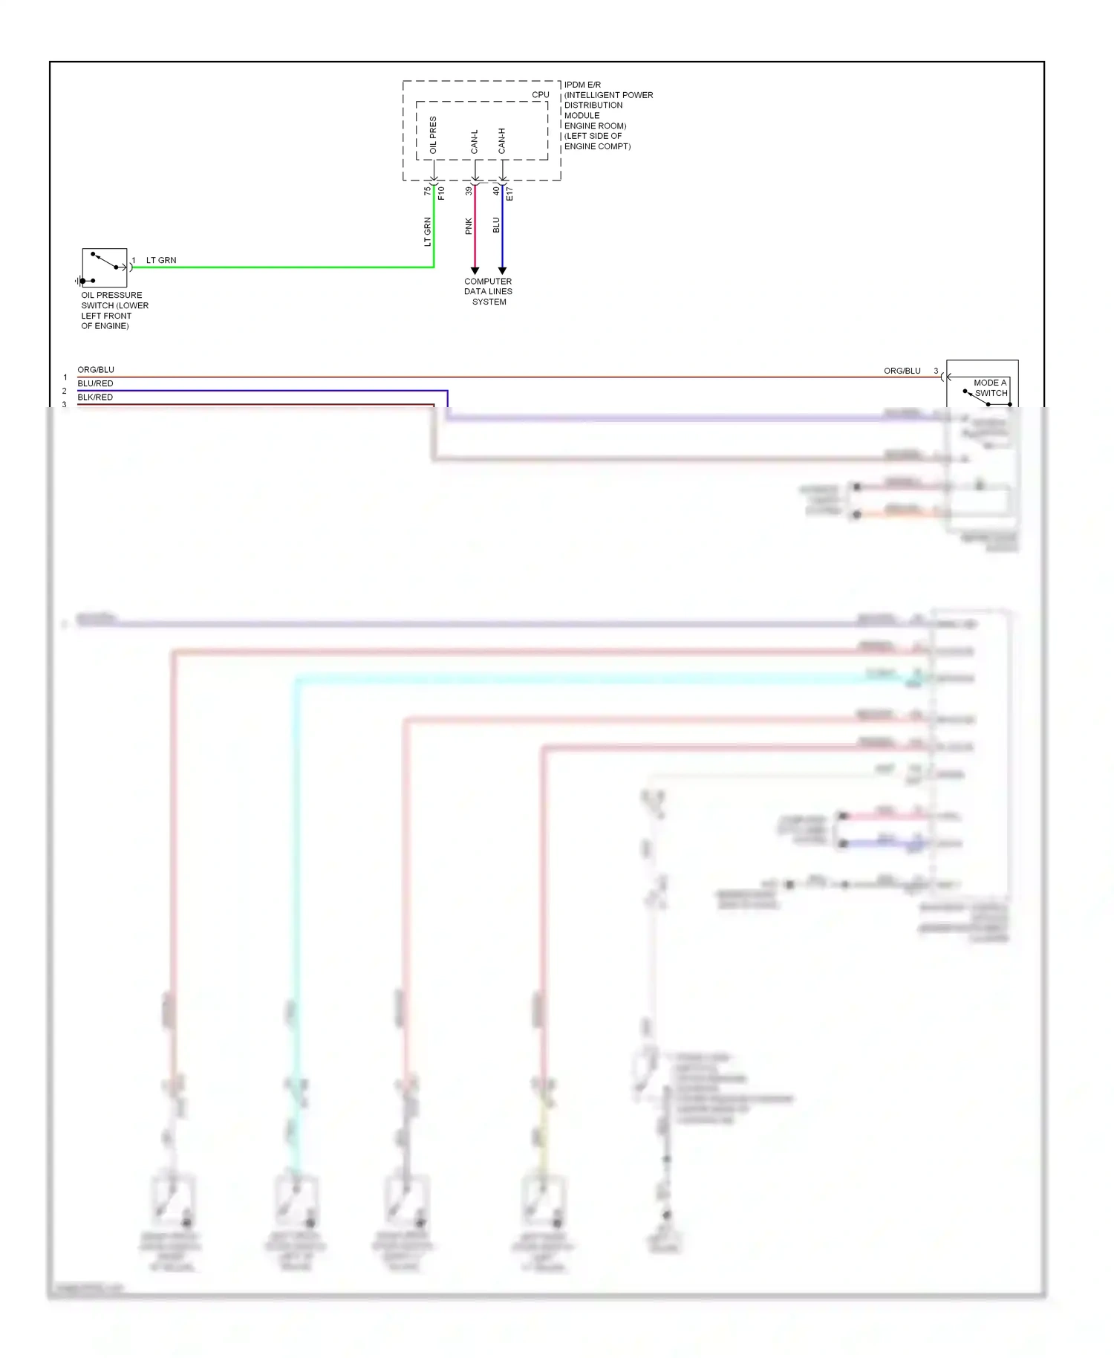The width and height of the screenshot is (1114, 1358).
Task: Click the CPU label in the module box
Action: [x=540, y=95]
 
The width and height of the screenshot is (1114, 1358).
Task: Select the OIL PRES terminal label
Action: [x=433, y=135]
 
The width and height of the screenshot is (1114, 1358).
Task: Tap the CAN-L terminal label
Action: [x=475, y=142]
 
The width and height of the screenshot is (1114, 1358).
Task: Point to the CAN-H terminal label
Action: [x=502, y=141]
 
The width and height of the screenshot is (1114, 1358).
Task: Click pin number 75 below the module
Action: [x=427, y=191]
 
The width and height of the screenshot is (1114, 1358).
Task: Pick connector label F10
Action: [x=441, y=193]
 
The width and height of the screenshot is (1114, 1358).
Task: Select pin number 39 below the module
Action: [x=469, y=191]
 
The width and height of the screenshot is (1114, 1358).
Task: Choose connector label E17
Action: [x=509, y=194]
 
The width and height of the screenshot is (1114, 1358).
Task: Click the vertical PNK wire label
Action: [x=469, y=226]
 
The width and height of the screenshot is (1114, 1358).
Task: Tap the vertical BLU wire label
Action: [x=496, y=225]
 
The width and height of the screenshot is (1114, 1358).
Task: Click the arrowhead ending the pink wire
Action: [x=475, y=270]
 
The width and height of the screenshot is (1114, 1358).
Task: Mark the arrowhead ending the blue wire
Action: [x=502, y=270]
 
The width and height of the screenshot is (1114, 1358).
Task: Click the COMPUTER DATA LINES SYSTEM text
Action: [x=488, y=291]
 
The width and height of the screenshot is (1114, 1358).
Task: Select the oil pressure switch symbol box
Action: [x=105, y=267]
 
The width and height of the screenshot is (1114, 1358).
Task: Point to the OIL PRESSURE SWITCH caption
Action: [x=114, y=311]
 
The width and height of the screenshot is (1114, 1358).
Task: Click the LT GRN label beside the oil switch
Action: [x=161, y=260]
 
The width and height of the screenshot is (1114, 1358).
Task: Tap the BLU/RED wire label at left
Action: [x=95, y=383]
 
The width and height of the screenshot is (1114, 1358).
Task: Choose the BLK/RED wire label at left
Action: [x=95, y=397]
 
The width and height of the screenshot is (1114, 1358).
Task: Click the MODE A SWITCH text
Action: [x=990, y=388]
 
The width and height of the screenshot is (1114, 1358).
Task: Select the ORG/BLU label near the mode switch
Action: [x=902, y=371]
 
